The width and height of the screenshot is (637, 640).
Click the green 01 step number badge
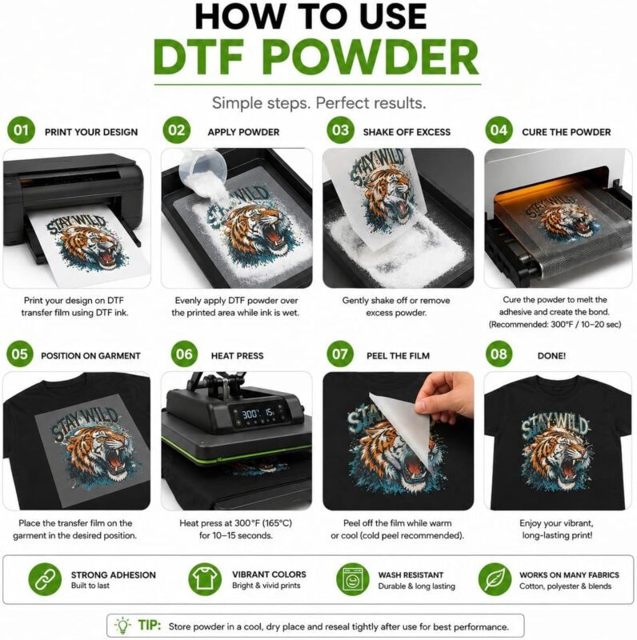pos(21,130)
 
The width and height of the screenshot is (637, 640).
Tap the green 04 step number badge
pos(499,130)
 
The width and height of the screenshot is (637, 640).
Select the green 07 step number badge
pos(340,354)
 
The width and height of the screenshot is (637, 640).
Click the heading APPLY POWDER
pos(243,132)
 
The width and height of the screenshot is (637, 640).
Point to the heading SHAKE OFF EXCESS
pos(407,132)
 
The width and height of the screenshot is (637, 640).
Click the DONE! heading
pos(551,356)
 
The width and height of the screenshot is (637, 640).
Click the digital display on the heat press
pos(258,414)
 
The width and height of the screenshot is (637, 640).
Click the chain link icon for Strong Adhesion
pos(45,579)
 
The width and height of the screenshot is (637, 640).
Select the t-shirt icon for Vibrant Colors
pos(205,579)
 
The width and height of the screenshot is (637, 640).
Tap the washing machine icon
pos(352,579)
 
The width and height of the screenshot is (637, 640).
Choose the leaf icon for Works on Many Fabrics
pos(495,579)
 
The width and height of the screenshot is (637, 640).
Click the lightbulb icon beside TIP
pos(122,625)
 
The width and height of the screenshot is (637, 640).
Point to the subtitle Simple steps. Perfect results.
pos(319,103)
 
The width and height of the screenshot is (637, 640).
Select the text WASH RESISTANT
pos(411,575)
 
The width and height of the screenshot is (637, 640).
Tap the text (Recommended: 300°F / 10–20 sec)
pos(555,325)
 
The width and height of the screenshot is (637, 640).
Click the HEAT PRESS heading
pos(237,356)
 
